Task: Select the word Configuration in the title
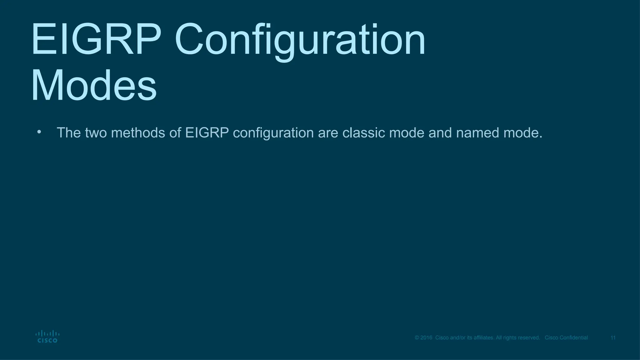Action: coord(300,40)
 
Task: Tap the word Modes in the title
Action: coord(94,86)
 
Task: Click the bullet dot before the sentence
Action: coord(39,132)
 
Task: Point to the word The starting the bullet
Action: coord(69,133)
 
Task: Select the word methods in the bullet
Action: coord(138,133)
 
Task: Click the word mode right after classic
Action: coord(407,133)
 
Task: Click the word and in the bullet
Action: coord(440,133)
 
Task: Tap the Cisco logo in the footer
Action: coord(47,337)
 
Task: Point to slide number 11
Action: coord(613,338)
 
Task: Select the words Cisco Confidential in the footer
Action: coord(566,338)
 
